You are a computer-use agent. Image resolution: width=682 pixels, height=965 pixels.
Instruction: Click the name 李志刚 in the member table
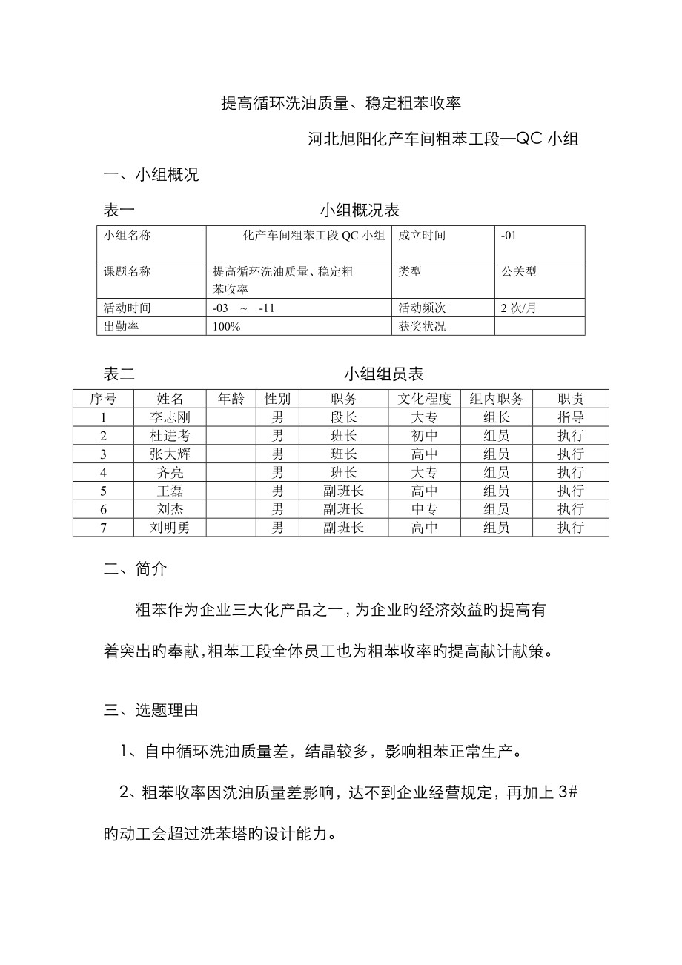pyautogui.click(x=170, y=417)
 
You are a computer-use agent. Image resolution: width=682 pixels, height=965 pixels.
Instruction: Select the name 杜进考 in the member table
pyautogui.click(x=170, y=436)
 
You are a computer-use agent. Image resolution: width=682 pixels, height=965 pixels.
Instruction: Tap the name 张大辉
pyautogui.click(x=170, y=454)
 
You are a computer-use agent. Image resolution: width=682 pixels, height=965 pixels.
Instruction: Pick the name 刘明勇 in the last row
pyautogui.click(x=170, y=528)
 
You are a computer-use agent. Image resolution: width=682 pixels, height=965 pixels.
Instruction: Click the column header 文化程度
pyautogui.click(x=424, y=399)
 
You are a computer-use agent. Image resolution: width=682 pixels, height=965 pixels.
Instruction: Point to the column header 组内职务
pyautogui.click(x=496, y=399)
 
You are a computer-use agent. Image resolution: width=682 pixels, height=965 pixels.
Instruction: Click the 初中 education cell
pyautogui.click(x=424, y=436)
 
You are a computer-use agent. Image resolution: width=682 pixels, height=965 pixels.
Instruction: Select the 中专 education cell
pyautogui.click(x=424, y=509)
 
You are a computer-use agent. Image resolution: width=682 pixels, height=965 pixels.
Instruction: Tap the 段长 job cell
pyautogui.click(x=343, y=417)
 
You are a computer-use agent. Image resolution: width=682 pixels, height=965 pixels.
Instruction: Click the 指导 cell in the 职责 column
pyautogui.click(x=570, y=417)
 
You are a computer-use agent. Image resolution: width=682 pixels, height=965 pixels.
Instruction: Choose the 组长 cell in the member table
pyautogui.click(x=496, y=417)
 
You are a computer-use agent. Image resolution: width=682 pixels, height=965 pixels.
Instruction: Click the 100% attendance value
pyautogui.click(x=225, y=327)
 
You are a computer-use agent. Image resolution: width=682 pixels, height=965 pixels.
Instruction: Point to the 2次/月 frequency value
pyautogui.click(x=517, y=308)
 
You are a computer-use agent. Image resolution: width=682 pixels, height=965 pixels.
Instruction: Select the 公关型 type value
pyautogui.click(x=519, y=271)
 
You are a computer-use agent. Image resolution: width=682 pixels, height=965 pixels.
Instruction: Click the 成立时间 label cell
pyautogui.click(x=423, y=236)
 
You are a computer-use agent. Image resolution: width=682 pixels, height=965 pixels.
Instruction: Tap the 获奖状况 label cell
pyautogui.click(x=423, y=327)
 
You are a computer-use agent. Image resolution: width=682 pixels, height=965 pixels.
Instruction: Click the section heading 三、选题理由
pyautogui.click(x=150, y=710)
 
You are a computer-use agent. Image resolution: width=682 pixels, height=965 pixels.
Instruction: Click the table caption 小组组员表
pyautogui.click(x=383, y=374)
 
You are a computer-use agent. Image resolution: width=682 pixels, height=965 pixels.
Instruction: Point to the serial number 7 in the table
pyautogui.click(x=103, y=528)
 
